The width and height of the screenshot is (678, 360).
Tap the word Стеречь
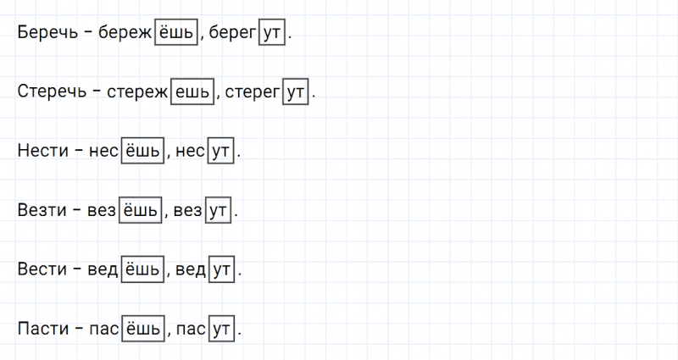[x=52, y=91]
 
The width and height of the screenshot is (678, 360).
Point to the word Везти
[x=39, y=210]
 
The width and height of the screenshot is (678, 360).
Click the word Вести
[x=39, y=269]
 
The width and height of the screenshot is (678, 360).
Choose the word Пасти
[x=40, y=329]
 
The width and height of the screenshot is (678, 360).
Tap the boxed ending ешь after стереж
[x=192, y=91]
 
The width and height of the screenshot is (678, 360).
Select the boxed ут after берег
[x=273, y=32]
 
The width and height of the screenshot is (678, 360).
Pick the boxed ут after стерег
[x=297, y=91]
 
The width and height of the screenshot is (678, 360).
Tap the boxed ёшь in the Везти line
[x=137, y=210]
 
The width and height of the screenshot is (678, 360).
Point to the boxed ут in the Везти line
[x=217, y=210]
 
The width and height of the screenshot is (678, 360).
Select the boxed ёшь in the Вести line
[x=142, y=269]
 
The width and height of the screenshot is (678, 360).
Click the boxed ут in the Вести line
[x=222, y=269]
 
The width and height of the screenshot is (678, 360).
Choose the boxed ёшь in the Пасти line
[x=142, y=329]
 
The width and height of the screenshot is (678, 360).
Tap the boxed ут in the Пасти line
[x=222, y=329]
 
